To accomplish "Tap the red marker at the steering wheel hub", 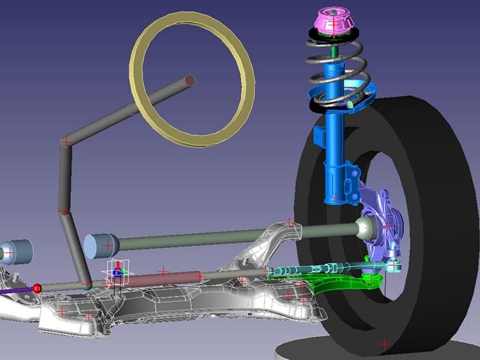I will [189, 81].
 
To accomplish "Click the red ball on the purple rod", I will [37, 288].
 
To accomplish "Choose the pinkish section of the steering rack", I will [163, 276].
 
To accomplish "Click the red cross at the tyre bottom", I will [384, 344].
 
